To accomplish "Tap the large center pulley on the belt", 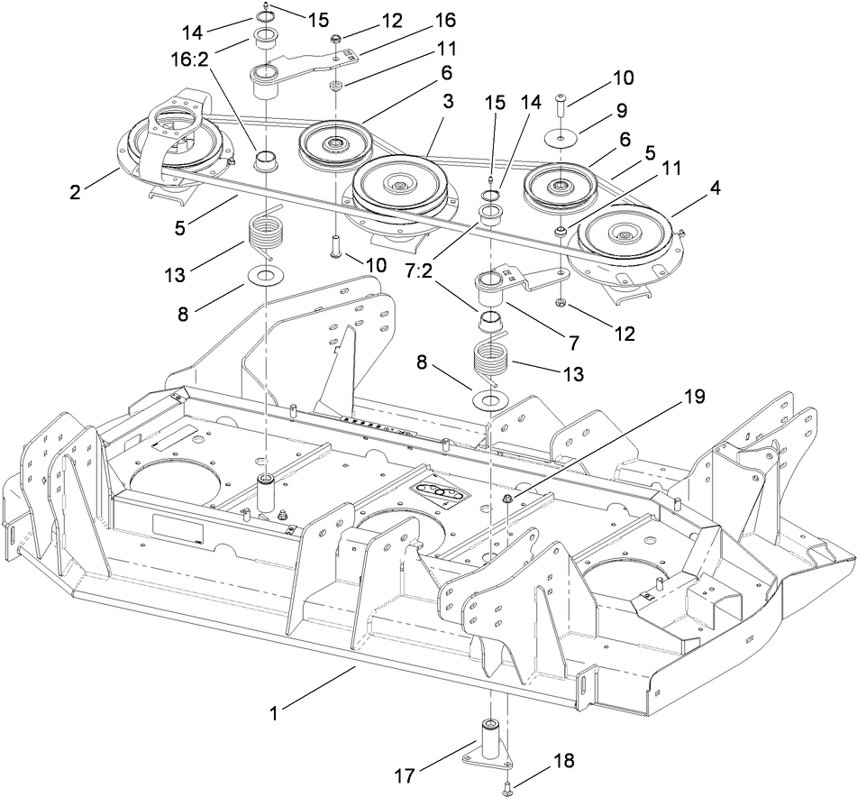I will [398, 188].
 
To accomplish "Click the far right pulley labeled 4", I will [624, 236].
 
